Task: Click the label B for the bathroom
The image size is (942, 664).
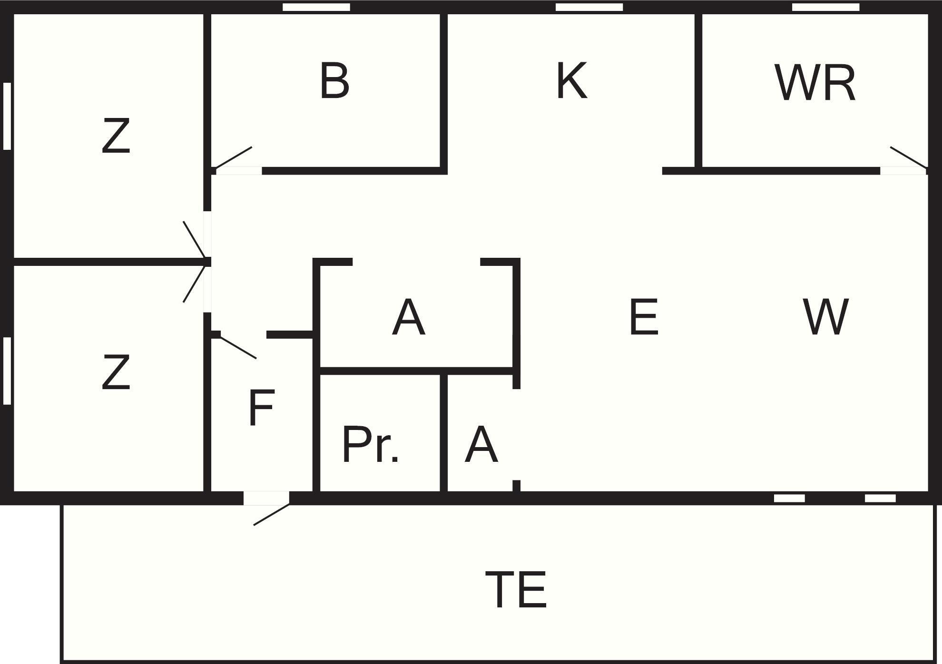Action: tap(334, 81)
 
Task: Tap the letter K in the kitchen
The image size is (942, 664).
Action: tap(571, 81)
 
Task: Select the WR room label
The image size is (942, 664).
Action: tap(815, 83)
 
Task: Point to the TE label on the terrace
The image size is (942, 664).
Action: tap(516, 590)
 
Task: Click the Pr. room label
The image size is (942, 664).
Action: tap(370, 445)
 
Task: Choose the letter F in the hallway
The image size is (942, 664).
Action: tap(261, 408)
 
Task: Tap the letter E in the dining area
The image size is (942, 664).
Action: tap(644, 317)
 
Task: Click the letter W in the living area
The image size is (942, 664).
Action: tap(825, 317)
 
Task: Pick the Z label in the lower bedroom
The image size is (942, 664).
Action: tap(116, 372)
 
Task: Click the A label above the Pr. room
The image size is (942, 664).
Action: tap(408, 318)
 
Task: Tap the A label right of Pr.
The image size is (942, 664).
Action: tap(481, 445)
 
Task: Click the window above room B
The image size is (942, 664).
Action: tap(316, 7)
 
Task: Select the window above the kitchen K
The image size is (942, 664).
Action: tap(589, 7)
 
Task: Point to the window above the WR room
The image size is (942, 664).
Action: tap(825, 7)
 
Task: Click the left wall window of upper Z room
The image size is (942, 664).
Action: tap(7, 116)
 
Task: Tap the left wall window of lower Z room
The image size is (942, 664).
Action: tap(7, 371)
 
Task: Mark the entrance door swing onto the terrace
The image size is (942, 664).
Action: tap(271, 515)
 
